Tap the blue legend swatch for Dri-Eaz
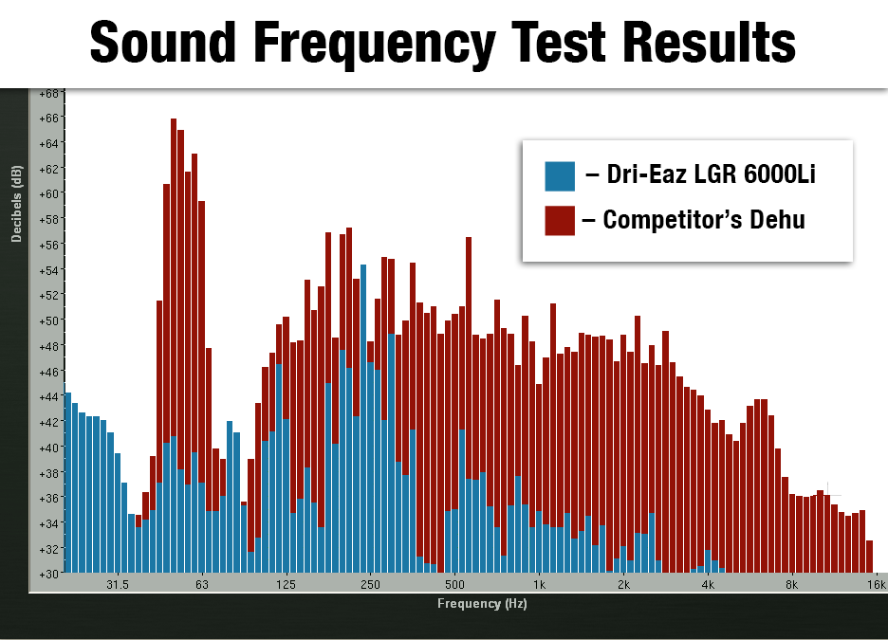coord(560,175)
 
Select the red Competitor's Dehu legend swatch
coord(560,220)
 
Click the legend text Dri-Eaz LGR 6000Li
coord(701,175)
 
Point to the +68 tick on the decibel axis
coord(47,93)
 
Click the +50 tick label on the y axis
coord(47,320)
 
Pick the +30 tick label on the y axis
coord(47,573)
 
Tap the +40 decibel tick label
coord(47,447)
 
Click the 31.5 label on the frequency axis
coord(117,585)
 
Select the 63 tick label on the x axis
coord(202,585)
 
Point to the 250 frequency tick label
coord(370,585)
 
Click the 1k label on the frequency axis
coord(539,585)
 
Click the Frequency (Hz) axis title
coord(482,603)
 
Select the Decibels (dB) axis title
coord(16,204)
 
